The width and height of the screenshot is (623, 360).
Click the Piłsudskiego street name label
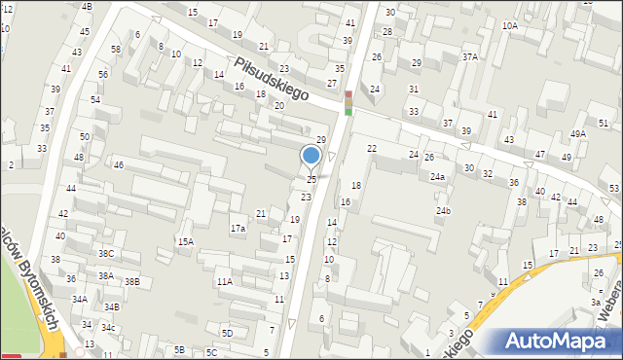[271, 79]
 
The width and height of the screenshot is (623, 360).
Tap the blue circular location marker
[311, 155]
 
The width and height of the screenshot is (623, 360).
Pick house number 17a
[238, 229]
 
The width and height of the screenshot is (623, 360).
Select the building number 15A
[185, 241]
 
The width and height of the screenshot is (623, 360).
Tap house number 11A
[225, 282]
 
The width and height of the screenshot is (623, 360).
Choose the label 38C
[106, 254]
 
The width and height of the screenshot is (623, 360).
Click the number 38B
[132, 282]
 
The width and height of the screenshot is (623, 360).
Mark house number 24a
[438, 177]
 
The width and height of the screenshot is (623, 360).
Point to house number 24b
[444, 211]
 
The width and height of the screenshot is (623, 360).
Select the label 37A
[470, 57]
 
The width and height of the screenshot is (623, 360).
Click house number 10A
[510, 26]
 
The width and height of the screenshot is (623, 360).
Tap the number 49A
[578, 134]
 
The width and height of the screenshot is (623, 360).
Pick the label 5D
[227, 333]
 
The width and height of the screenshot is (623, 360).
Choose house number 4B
[87, 7]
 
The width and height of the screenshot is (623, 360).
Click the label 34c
[109, 328]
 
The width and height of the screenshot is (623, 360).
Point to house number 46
[119, 165]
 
